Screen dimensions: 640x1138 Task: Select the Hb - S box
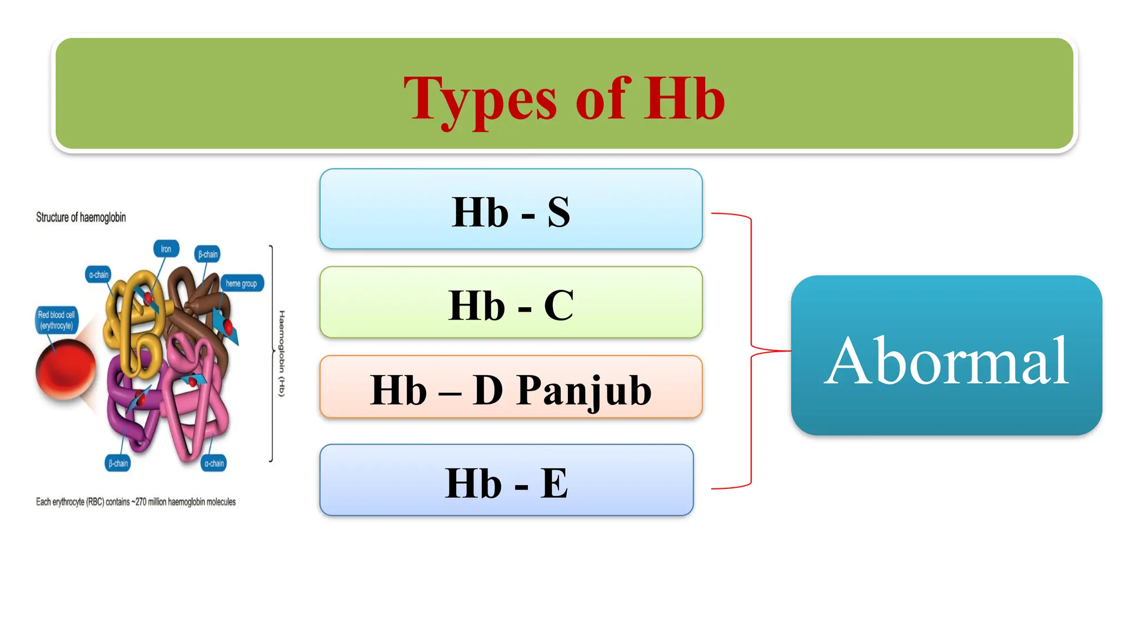click(511, 209)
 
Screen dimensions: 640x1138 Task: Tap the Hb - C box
click(511, 303)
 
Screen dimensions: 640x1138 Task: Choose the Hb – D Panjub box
click(511, 387)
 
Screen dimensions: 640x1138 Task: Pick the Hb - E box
click(506, 481)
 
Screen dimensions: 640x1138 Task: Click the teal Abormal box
click(946, 356)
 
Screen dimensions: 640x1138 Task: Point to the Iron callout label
click(166, 249)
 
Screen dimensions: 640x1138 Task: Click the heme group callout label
click(241, 283)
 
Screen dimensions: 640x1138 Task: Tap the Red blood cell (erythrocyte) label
click(56, 321)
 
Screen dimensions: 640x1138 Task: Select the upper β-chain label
click(208, 254)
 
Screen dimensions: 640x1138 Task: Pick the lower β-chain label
click(118, 463)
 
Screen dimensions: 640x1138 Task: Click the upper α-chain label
click(99, 274)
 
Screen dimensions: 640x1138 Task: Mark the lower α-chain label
click(214, 463)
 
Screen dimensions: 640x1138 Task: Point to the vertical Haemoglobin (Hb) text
click(282, 353)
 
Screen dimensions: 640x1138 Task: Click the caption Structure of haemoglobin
click(81, 217)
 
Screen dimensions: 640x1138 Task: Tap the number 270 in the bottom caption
click(141, 502)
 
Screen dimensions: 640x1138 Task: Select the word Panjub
click(583, 390)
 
